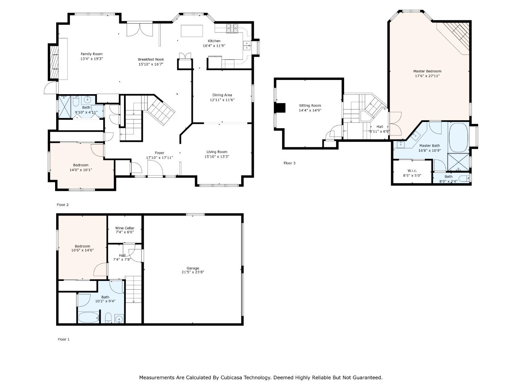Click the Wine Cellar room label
click(125, 228)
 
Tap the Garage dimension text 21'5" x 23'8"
click(192, 272)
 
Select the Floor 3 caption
click(289, 163)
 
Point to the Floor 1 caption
click(63, 339)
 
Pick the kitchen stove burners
click(232, 28)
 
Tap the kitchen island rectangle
click(192, 31)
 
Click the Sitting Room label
click(310, 105)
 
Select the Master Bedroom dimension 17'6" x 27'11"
click(427, 76)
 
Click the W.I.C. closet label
click(412, 171)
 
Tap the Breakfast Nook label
click(151, 59)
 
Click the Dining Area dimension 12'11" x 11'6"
click(222, 100)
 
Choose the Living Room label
click(217, 152)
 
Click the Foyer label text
click(159, 153)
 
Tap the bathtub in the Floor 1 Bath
click(88, 318)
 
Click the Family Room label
click(92, 54)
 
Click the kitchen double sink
click(247, 45)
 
